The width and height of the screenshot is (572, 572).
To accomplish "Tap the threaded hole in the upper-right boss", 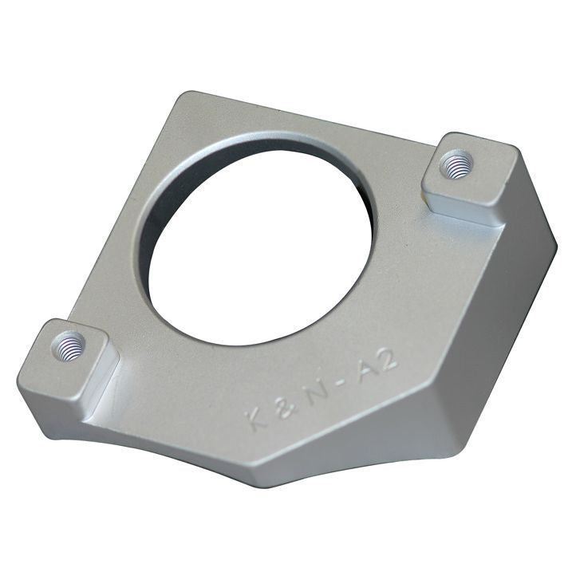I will click(458, 165).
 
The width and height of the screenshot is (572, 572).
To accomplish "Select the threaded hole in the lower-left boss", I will click(69, 346).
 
